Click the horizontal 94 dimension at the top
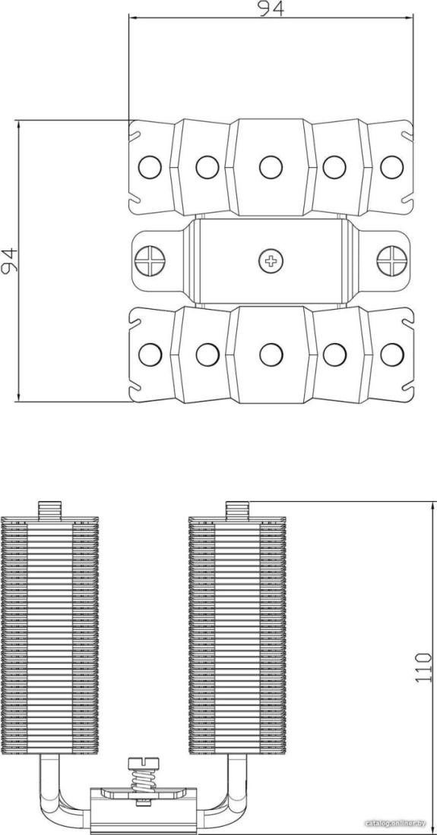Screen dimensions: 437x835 (271, 8)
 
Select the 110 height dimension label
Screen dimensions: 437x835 (423, 667)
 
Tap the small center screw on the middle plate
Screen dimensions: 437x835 (271, 260)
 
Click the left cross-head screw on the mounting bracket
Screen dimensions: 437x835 (150, 260)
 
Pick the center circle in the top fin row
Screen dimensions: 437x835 (271, 167)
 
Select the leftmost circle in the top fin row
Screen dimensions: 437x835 (150, 167)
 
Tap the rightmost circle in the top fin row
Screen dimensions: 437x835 (391, 167)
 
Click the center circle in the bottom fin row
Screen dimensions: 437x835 (271, 354)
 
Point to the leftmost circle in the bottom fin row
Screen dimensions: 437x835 (150, 354)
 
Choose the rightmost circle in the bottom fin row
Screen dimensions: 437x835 (391, 354)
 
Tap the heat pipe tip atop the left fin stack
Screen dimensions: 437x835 (50, 509)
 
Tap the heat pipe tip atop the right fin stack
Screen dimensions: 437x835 (237, 509)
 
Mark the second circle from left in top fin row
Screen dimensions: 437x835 (207, 167)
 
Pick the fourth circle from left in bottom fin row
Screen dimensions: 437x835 (334, 354)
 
